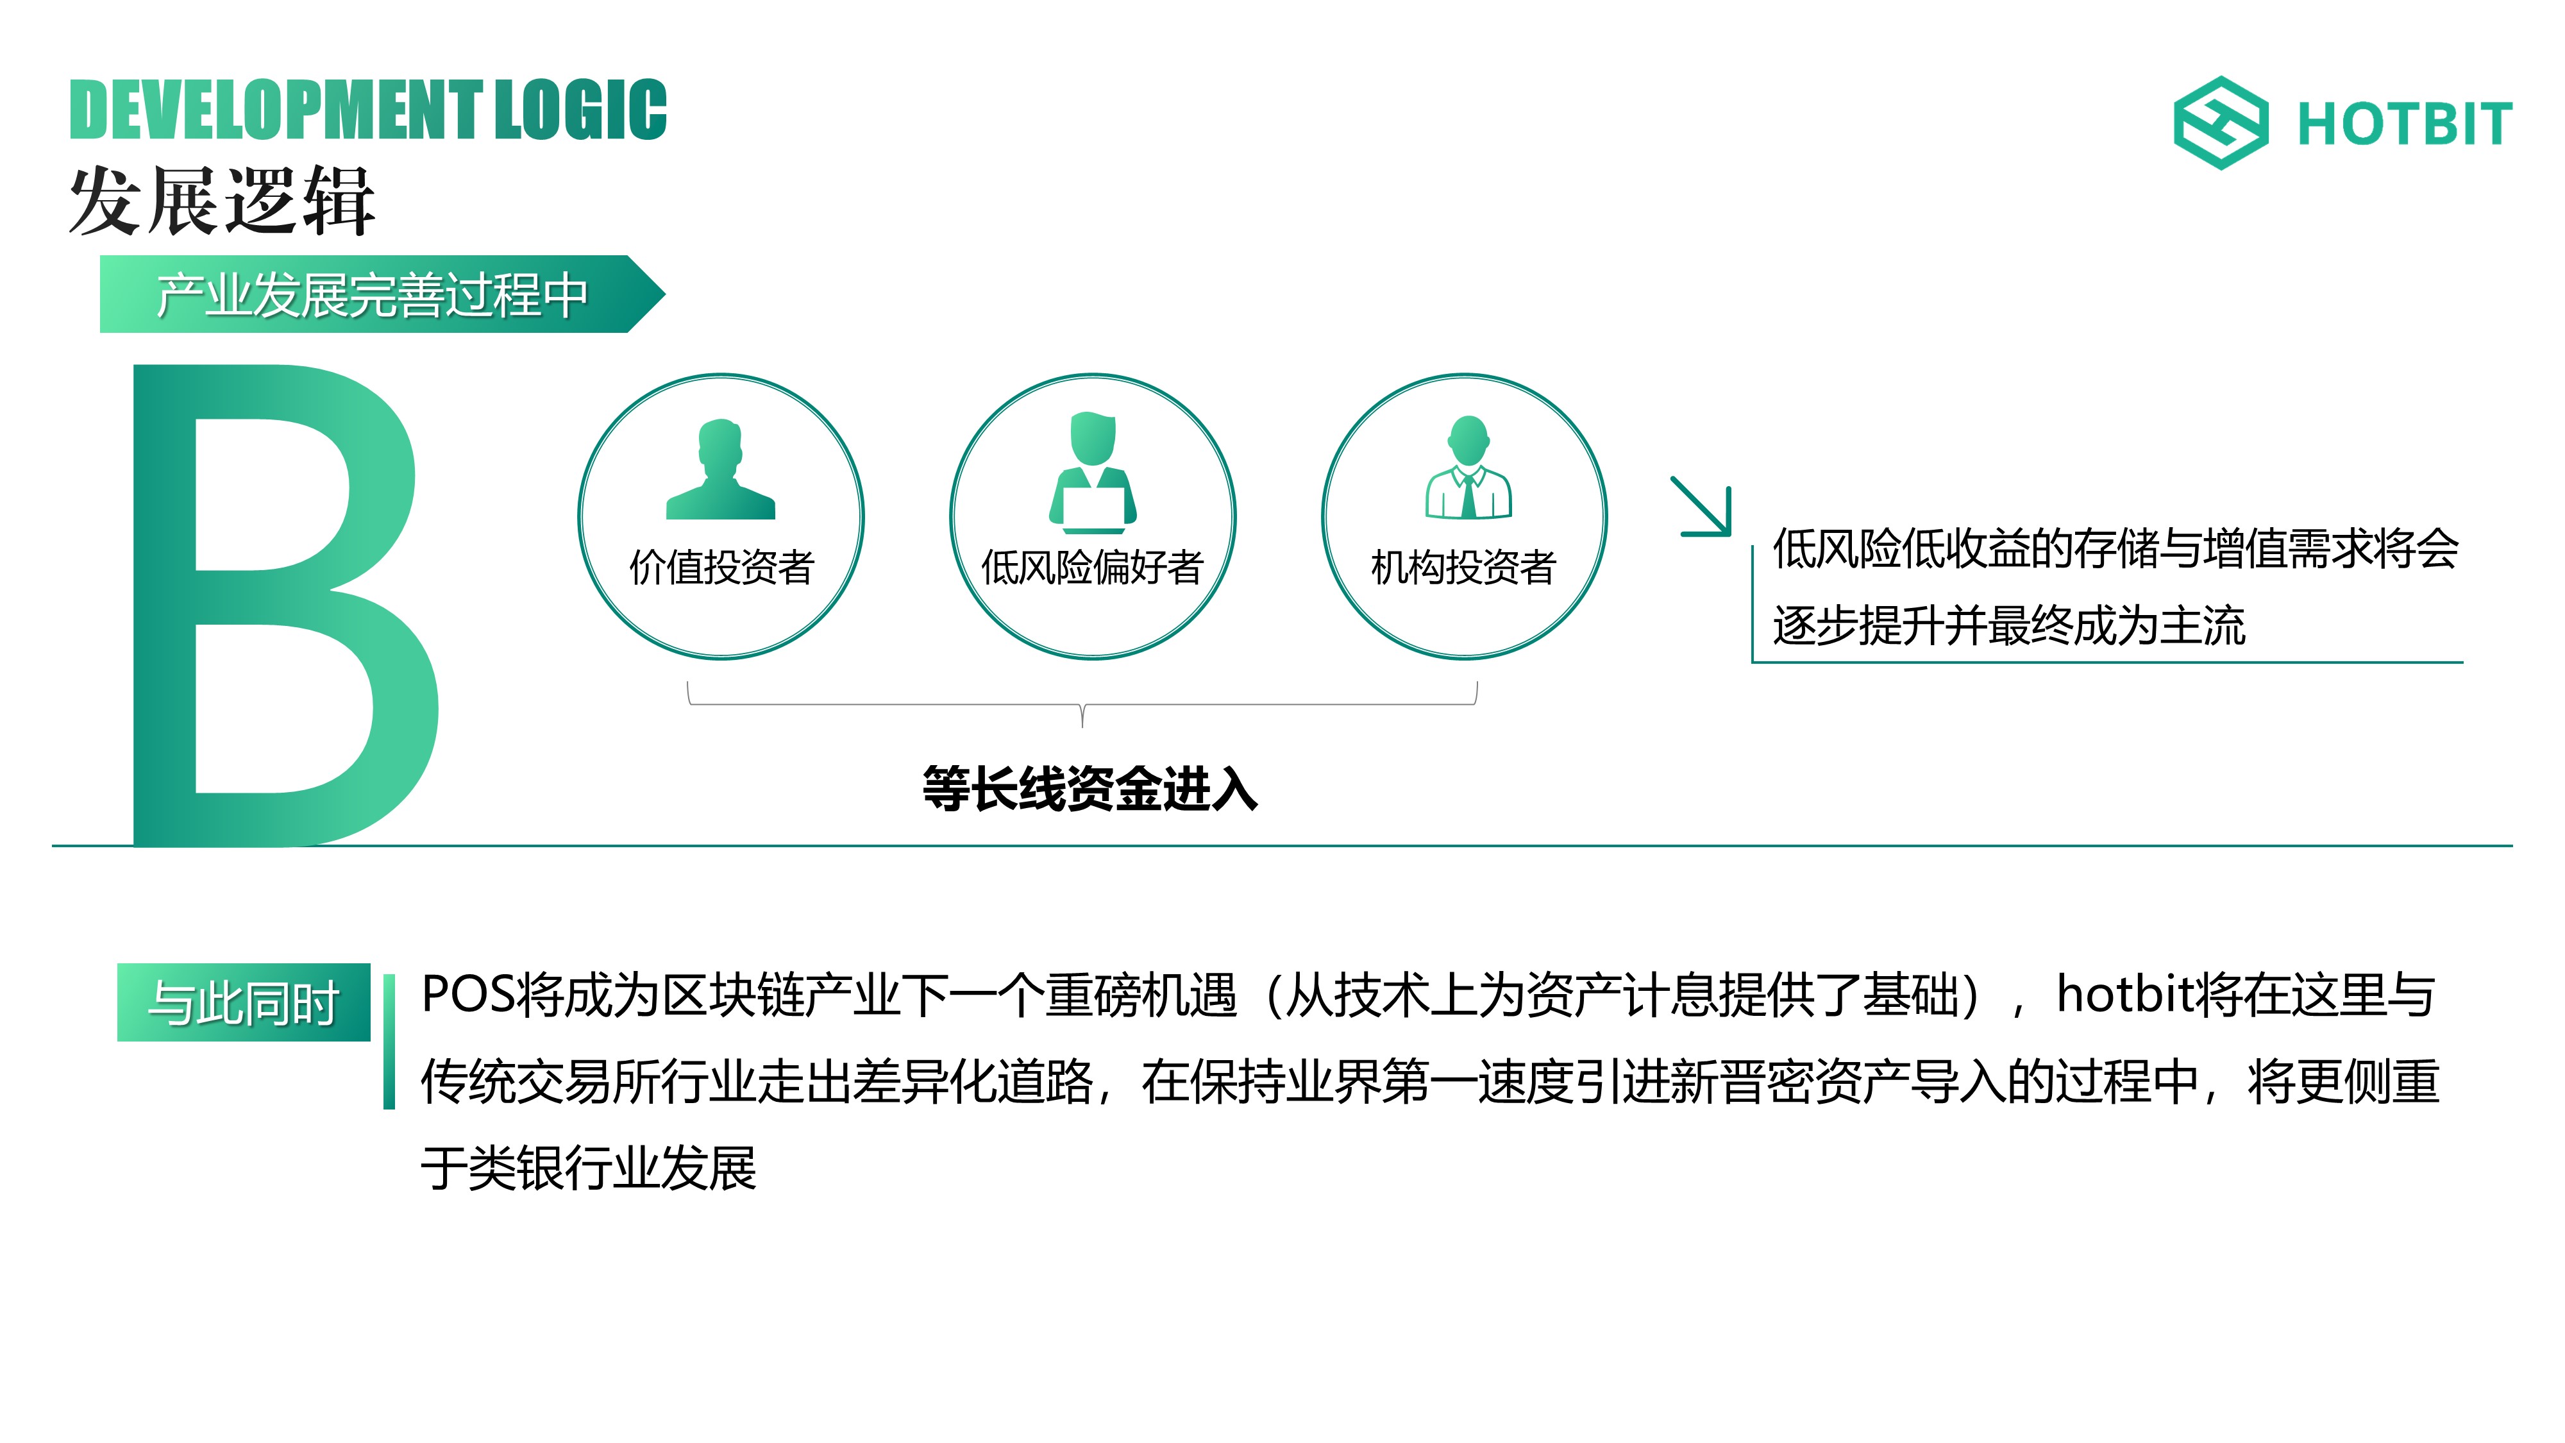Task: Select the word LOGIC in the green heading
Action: coord(580,110)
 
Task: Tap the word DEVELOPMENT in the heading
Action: coord(276,110)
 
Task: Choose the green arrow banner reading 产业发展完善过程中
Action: coord(382,294)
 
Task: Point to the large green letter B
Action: coord(286,605)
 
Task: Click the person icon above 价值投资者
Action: coord(720,469)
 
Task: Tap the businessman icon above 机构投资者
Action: coord(1468,467)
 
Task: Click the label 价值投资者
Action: coord(722,568)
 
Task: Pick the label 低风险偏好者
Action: coord(1092,568)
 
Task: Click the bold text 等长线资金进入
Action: coord(1090,789)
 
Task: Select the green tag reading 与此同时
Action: coord(244,1002)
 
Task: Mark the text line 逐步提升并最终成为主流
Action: coord(2008,625)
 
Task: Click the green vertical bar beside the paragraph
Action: coord(389,1042)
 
